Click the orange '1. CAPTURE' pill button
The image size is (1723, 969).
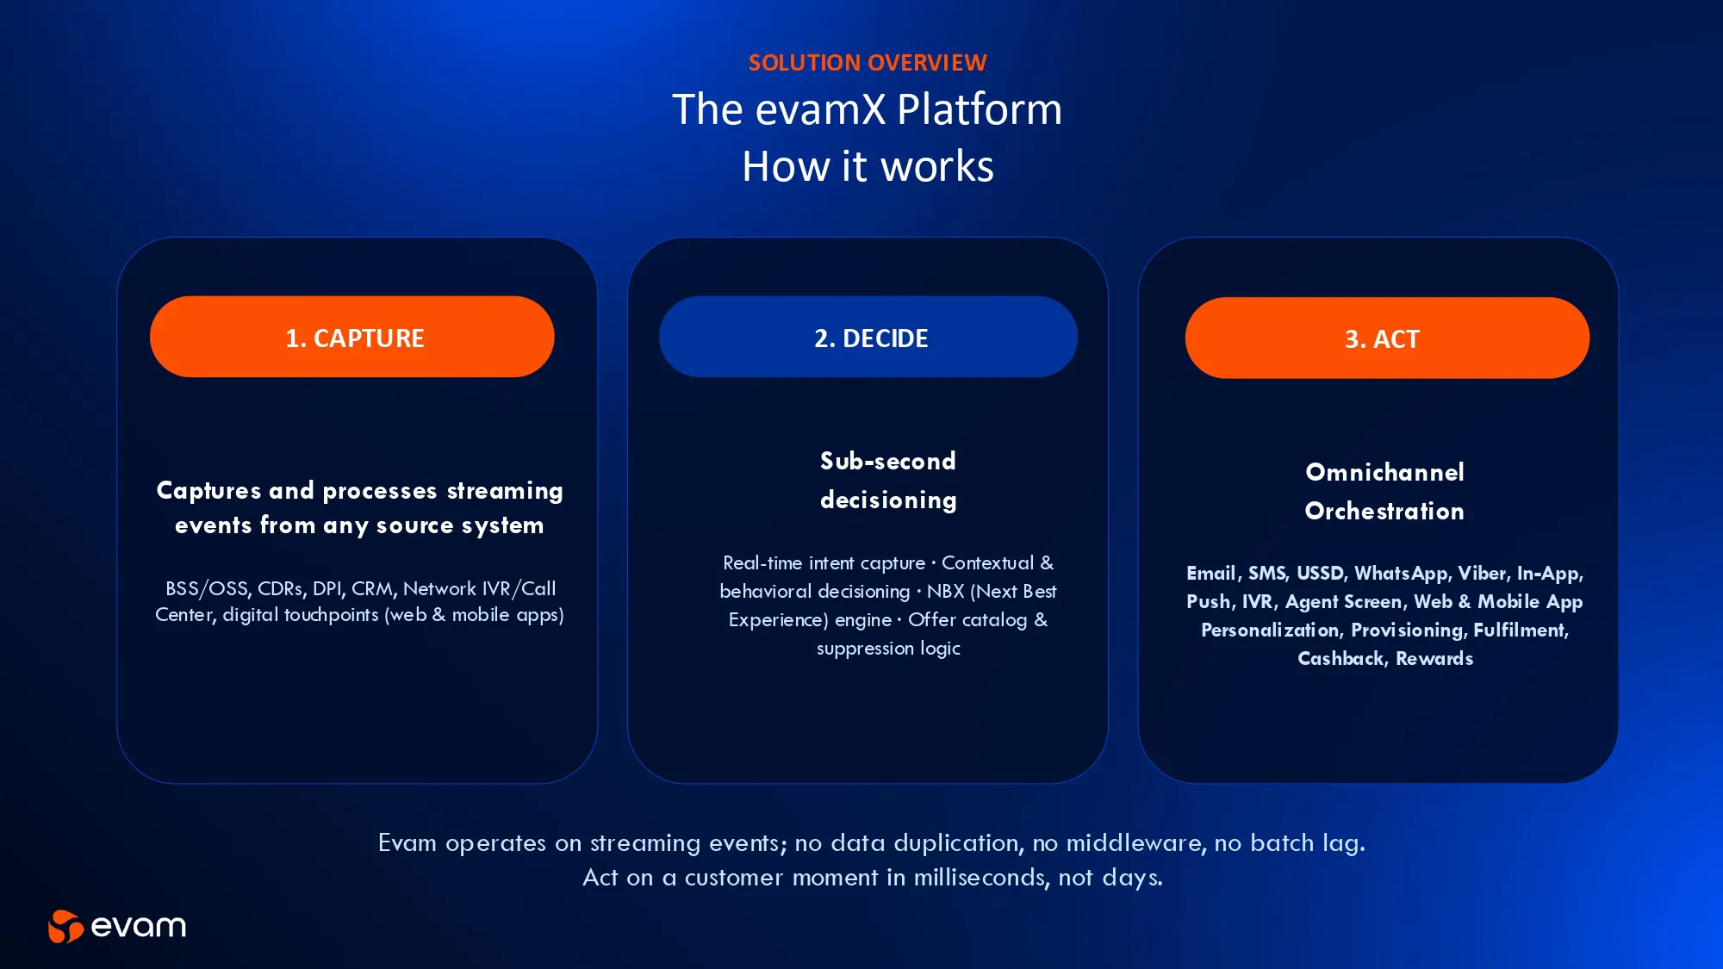click(x=351, y=337)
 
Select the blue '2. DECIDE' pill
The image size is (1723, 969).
click(x=868, y=337)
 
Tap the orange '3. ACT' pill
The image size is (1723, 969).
click(x=1387, y=338)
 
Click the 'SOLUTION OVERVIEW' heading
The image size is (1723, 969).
click(x=868, y=63)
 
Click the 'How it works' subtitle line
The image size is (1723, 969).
click(x=868, y=166)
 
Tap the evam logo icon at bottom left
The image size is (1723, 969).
click(x=65, y=927)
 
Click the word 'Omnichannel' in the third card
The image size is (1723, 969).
click(x=1384, y=472)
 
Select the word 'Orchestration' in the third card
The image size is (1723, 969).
click(x=1384, y=511)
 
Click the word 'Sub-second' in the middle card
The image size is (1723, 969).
click(x=887, y=461)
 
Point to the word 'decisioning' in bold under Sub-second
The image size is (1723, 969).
click(x=888, y=500)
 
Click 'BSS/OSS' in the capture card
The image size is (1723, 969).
click(x=206, y=588)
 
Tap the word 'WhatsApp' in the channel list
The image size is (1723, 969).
click(x=1401, y=574)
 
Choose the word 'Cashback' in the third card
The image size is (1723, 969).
click(x=1340, y=659)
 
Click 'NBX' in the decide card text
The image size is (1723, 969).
click(x=945, y=592)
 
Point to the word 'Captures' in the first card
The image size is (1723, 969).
click(x=208, y=491)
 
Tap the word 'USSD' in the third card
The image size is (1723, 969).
click(x=1320, y=574)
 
